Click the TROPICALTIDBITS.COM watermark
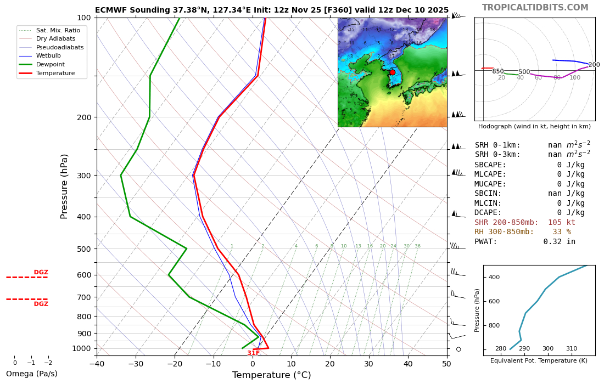535,8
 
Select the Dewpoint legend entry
50,64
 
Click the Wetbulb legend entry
48,56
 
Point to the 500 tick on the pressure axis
84,249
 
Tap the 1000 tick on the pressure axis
82,348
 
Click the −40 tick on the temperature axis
97,363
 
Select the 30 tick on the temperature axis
369,363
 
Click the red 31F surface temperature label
253,353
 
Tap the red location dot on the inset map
392,72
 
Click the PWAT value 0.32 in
560,241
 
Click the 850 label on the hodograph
497,72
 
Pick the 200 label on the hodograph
594,65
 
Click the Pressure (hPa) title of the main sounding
64,187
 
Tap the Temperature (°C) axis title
271,375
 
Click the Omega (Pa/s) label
31,374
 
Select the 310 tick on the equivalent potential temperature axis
572,349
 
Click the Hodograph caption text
534,126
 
